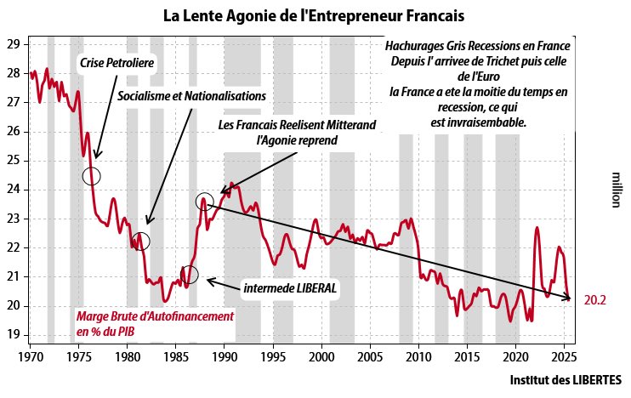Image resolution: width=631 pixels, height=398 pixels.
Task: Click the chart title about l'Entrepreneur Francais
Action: point(314,16)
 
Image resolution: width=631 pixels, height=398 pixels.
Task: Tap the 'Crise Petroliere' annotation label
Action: point(117,63)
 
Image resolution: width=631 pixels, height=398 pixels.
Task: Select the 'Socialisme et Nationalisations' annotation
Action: point(191,95)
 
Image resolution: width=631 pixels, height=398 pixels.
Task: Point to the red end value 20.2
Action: point(594,300)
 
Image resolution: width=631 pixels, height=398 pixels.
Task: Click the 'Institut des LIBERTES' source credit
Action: point(566,379)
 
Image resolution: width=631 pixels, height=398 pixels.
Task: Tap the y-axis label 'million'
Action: point(617,190)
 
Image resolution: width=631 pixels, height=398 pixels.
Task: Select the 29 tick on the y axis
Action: point(13,44)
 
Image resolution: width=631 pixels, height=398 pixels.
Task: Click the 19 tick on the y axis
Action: point(13,335)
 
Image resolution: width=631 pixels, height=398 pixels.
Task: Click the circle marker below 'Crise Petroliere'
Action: point(92,176)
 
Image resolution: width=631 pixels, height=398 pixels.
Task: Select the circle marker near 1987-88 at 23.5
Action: point(204,202)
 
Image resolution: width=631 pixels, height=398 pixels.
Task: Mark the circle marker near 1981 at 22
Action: point(140,241)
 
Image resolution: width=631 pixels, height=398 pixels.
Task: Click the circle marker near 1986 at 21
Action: point(189,274)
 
